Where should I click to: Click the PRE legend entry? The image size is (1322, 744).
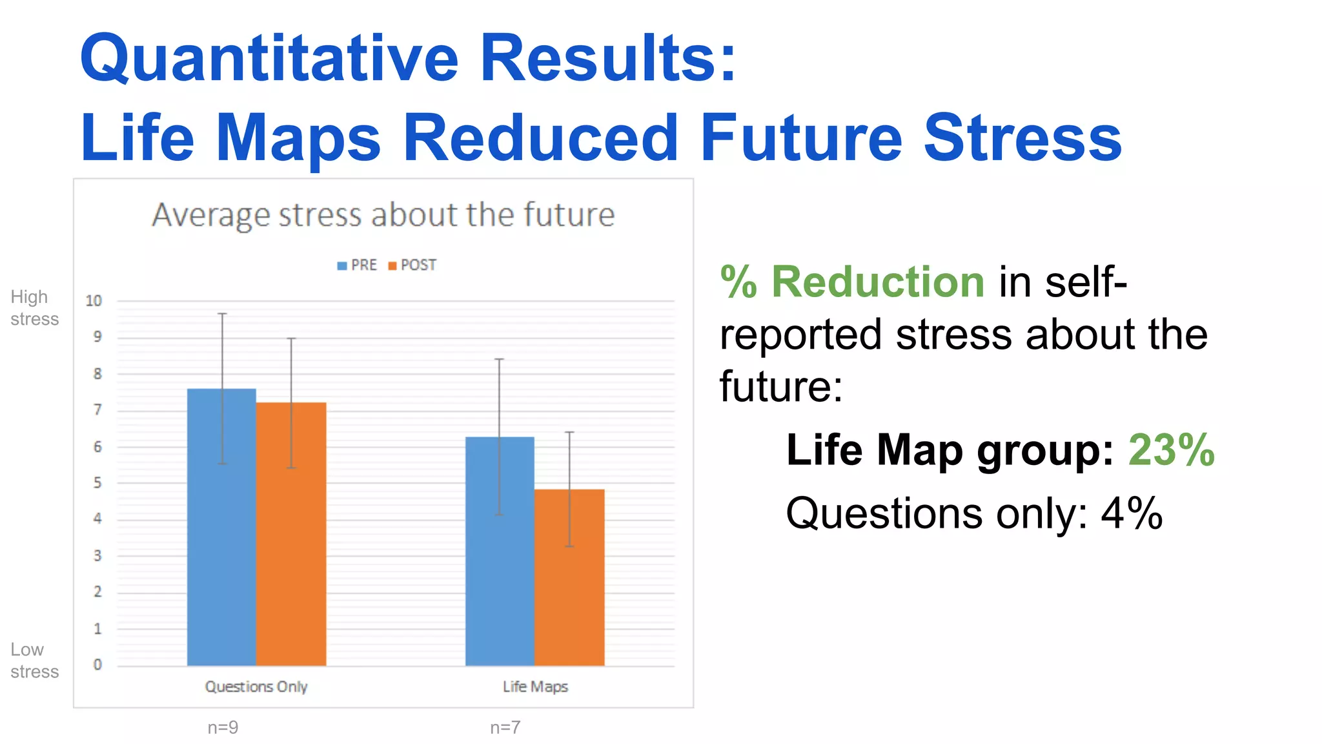pyautogui.click(x=358, y=265)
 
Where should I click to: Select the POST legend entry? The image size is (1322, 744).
pyautogui.click(x=412, y=265)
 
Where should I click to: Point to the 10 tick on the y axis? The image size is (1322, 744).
pyautogui.click(x=94, y=300)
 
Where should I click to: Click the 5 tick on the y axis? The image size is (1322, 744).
pyautogui.click(x=97, y=482)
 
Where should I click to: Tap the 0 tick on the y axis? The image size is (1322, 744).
pyautogui.click(x=97, y=664)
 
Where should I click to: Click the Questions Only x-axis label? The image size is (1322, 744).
pyautogui.click(x=256, y=687)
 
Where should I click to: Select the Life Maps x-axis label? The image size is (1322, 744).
pyautogui.click(x=535, y=687)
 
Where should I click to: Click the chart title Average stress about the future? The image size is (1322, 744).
pyautogui.click(x=383, y=214)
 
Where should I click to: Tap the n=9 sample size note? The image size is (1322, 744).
pyautogui.click(x=223, y=727)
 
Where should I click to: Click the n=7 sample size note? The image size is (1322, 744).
pyautogui.click(x=505, y=727)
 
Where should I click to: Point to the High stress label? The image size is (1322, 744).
pyautogui.click(x=34, y=307)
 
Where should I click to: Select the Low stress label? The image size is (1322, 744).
pyautogui.click(x=34, y=660)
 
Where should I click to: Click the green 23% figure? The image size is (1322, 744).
pyautogui.click(x=1171, y=449)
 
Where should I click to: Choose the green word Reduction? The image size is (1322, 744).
pyautogui.click(x=877, y=282)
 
